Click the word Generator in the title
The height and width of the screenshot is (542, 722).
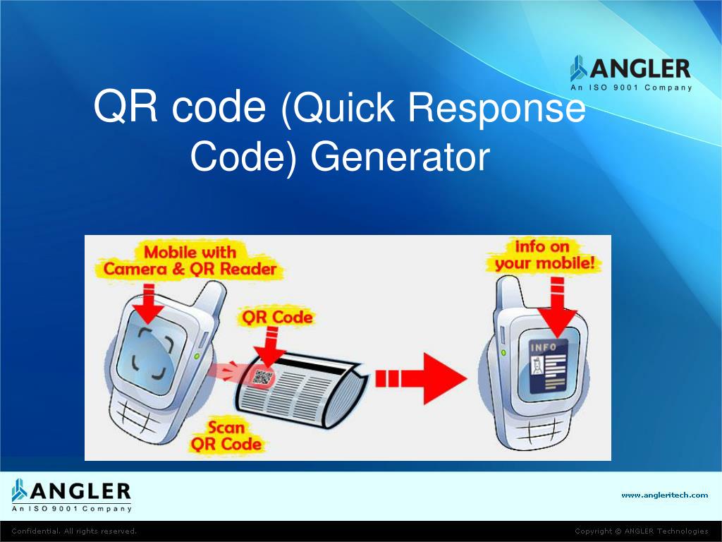[400, 157]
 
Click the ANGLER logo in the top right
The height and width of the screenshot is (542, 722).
[630, 73]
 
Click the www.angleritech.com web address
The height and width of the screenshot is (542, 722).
[664, 495]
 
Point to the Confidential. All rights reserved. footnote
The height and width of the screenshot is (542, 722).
[74, 531]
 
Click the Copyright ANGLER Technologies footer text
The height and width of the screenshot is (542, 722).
[641, 531]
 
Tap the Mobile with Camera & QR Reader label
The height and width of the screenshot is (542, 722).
[190, 260]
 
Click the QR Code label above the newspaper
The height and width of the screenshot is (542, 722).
[277, 317]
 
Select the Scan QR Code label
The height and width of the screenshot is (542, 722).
[226, 436]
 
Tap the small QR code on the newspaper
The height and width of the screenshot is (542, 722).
[262, 376]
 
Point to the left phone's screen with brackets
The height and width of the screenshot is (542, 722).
[151, 352]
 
